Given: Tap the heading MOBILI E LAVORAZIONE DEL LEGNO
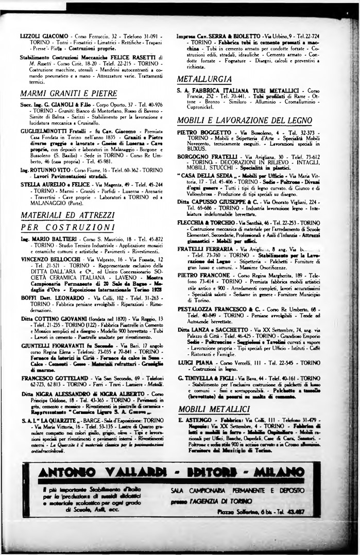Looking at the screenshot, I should point(248,120).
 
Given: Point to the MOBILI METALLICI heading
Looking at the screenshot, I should point(211,394).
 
